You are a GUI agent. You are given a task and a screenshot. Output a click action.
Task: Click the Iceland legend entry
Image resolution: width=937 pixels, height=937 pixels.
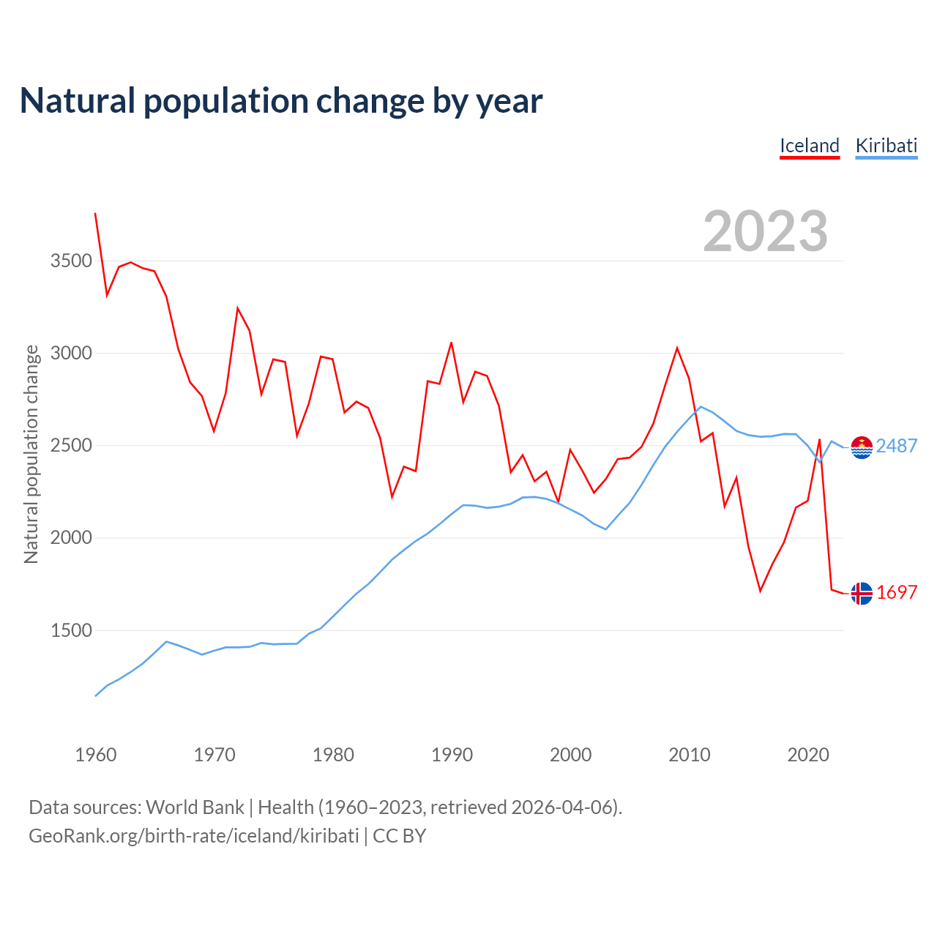point(809,146)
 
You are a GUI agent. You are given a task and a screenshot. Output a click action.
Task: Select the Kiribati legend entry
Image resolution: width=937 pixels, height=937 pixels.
point(886,146)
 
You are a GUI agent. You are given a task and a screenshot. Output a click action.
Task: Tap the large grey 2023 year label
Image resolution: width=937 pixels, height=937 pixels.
point(765,231)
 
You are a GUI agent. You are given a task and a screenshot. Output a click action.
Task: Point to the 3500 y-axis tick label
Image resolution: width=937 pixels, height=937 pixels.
point(71,261)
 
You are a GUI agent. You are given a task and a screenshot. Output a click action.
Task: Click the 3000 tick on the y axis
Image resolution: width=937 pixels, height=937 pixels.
point(71,354)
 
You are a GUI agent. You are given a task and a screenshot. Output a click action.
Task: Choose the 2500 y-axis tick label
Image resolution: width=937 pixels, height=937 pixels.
point(71,446)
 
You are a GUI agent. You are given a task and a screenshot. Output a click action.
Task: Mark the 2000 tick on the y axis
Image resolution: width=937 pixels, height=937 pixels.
point(71,538)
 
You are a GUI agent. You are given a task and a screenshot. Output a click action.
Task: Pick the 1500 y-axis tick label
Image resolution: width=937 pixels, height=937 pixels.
point(71,630)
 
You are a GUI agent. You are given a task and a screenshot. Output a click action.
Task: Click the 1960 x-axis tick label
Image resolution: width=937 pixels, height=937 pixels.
point(96,755)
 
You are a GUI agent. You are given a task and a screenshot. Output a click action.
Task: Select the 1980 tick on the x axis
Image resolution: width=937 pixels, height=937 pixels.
point(333,755)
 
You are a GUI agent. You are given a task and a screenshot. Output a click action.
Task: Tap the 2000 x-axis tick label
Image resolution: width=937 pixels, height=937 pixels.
point(570,755)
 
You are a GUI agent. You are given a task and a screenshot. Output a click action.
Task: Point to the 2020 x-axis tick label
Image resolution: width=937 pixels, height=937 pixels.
point(807,755)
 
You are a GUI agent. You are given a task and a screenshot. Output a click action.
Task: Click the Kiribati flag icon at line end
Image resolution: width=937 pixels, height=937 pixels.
point(862,447)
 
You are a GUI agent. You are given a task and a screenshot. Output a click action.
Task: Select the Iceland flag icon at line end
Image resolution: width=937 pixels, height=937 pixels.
point(862,594)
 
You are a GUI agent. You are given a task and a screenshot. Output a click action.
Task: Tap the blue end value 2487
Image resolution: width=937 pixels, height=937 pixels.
point(897,447)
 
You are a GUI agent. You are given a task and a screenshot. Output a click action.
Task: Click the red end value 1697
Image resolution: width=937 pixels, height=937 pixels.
point(897,593)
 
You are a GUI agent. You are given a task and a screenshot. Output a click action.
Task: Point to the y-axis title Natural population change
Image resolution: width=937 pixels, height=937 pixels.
point(31,455)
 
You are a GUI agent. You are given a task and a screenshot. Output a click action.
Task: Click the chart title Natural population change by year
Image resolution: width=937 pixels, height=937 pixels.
point(281,101)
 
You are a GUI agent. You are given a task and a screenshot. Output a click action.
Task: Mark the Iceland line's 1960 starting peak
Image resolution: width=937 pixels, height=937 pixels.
point(95,214)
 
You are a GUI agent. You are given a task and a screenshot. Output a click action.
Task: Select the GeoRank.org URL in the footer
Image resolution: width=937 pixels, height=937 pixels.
point(194,836)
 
